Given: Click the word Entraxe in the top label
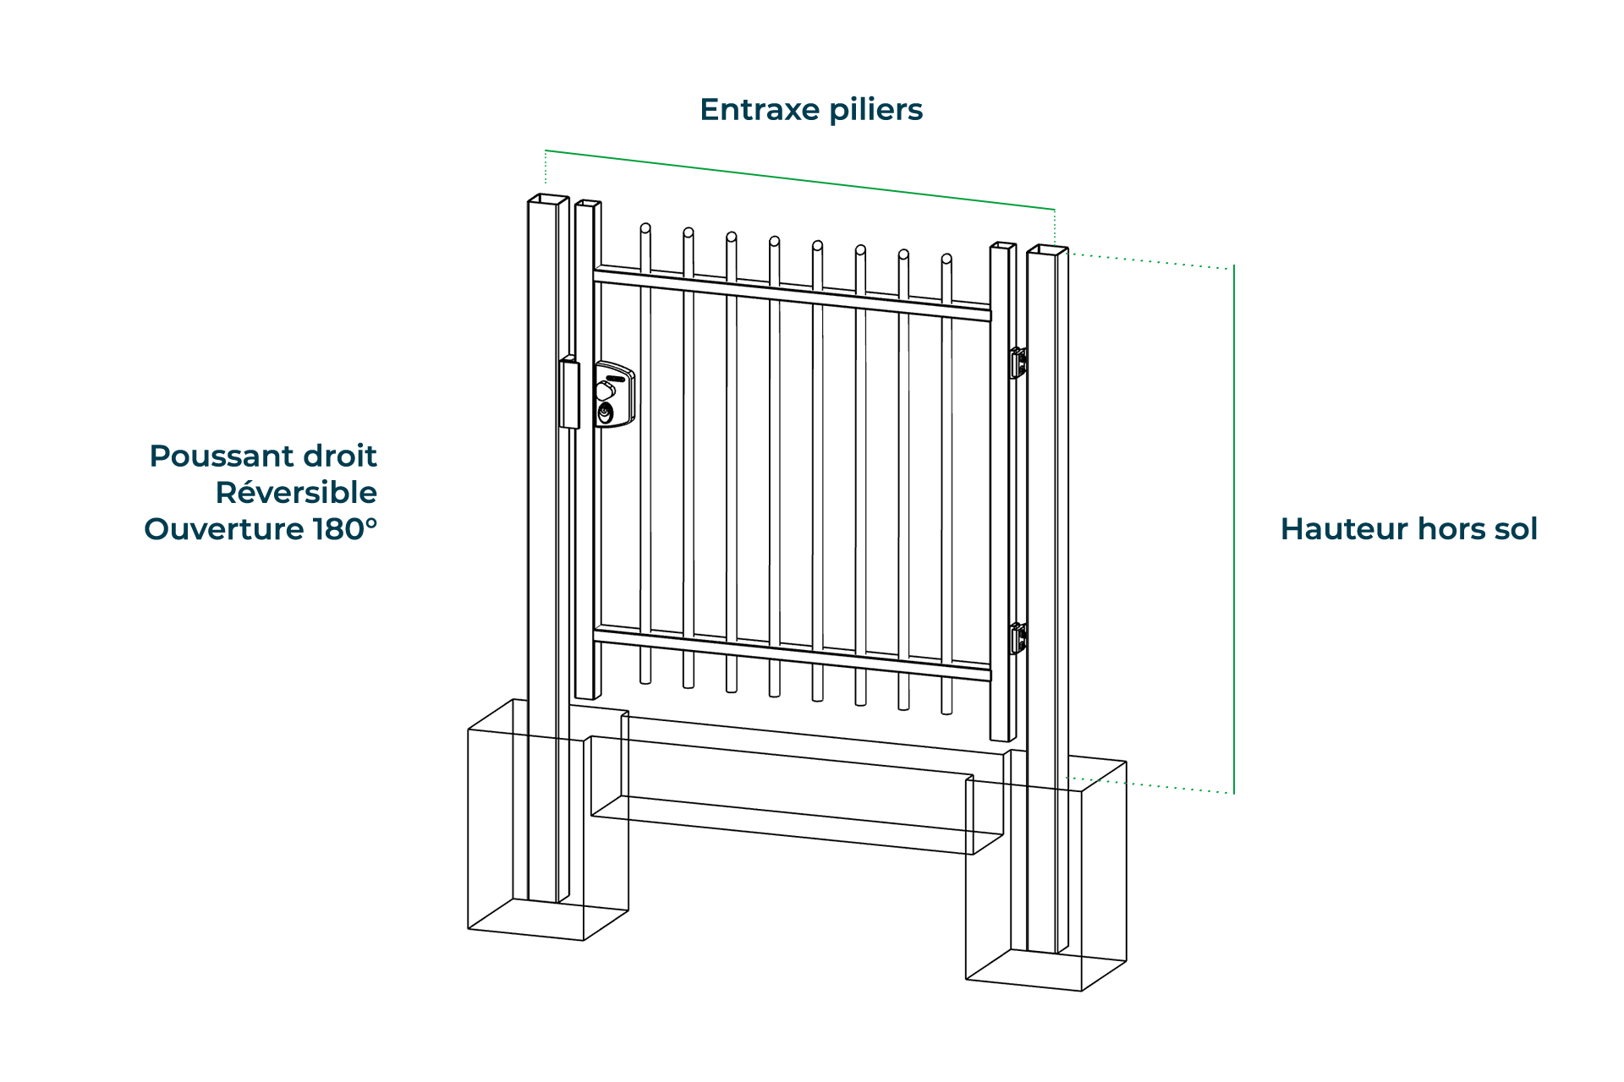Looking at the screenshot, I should click(760, 110).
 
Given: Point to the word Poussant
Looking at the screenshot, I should click(222, 456).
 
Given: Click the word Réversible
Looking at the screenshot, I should click(296, 493).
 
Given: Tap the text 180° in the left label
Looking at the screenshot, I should click(345, 529).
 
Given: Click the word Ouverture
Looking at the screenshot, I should click(223, 529).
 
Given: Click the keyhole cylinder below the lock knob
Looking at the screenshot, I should click(606, 413).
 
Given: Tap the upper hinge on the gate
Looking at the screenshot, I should click(1018, 363).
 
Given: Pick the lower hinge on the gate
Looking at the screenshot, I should click(1018, 638).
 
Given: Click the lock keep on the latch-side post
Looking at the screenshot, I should click(569, 393).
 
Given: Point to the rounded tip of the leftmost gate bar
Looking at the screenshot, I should click(645, 229).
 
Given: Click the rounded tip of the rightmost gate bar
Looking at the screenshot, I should click(946, 260).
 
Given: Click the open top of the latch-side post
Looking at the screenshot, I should click(548, 199).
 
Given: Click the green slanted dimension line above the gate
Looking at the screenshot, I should click(799, 179).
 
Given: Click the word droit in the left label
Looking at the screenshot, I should click(340, 456).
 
